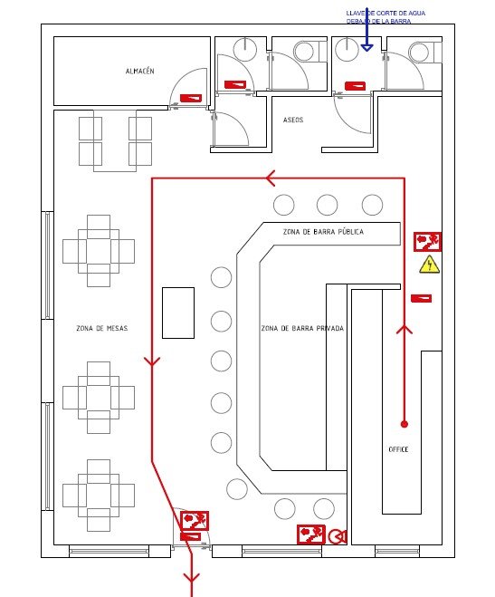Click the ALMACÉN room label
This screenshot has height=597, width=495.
coord(140,71)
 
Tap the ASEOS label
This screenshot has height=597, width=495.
coord(293,120)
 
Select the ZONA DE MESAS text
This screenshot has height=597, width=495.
coord(102,328)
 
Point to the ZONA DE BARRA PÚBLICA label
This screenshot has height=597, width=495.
coord(323,232)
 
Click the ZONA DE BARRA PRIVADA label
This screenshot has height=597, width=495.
coord(302,328)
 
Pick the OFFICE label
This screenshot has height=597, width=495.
coord(398,449)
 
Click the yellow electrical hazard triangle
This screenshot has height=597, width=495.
coord(430,265)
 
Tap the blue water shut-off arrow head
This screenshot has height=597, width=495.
coord(366,48)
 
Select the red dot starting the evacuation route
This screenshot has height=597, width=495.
coord(405,424)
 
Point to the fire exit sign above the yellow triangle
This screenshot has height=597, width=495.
coord(428,241)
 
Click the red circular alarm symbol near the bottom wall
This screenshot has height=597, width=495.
coord(338,537)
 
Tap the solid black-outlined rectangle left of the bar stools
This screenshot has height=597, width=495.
coord(178,313)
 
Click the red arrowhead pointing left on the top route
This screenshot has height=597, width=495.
coord(271,178)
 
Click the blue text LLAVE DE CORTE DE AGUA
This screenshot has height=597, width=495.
coord(386,13)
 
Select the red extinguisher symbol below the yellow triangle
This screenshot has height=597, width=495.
coord(421,299)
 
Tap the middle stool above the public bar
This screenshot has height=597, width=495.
coord(327,205)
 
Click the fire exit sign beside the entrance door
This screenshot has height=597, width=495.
coord(195,521)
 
